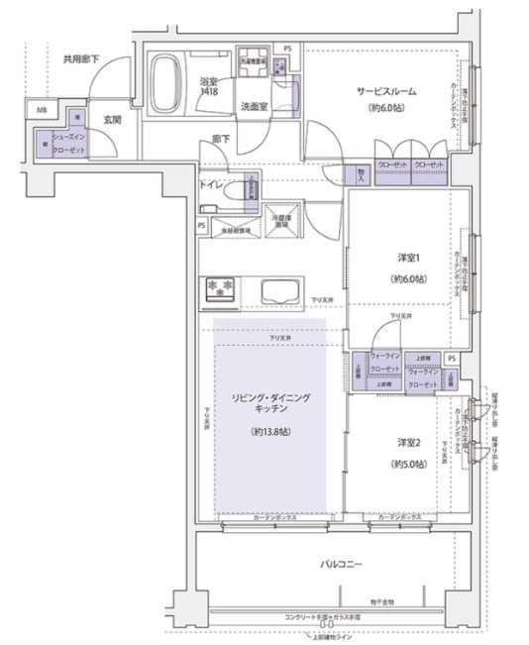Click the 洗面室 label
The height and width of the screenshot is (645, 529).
pos(252,106)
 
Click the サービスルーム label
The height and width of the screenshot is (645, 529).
pos(387,91)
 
